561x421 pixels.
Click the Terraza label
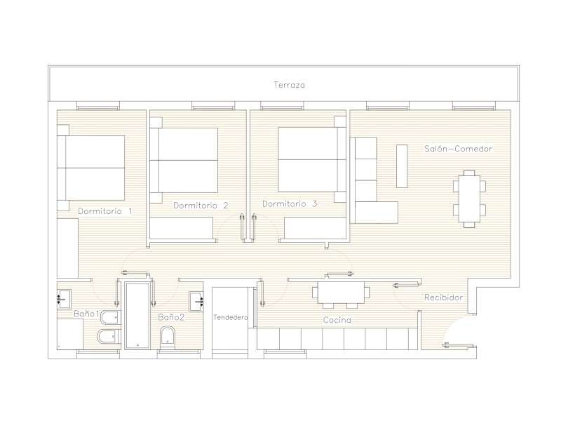[289, 85]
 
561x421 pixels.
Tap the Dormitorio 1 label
[105, 211]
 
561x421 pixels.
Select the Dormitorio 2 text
[201, 206]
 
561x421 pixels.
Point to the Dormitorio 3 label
[290, 204]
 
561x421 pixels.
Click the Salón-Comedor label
[459, 149]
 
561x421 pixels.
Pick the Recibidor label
[444, 297]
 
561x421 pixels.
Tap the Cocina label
[337, 320]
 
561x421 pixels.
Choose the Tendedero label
[231, 317]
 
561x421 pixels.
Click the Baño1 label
[86, 314]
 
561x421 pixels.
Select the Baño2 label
[171, 317]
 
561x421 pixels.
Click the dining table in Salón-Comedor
[469, 199]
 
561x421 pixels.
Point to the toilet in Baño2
[168, 337]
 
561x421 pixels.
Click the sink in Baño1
[64, 299]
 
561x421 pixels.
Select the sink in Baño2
[196, 302]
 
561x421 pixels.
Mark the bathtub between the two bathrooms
[137, 315]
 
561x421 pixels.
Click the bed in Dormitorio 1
[91, 168]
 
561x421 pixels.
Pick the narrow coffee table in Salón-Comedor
[402, 166]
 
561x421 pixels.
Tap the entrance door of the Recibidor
[458, 346]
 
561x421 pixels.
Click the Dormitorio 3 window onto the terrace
[282, 107]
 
